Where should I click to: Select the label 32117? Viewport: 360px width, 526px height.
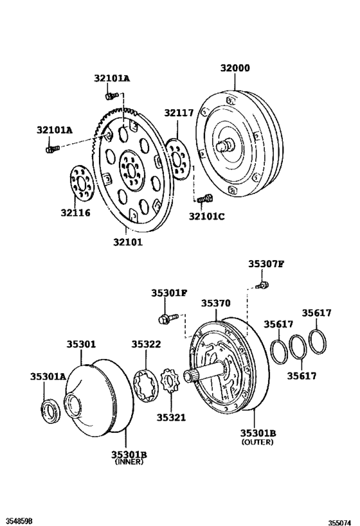click(x=178, y=114)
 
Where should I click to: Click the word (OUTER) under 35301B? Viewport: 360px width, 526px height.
click(x=258, y=443)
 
